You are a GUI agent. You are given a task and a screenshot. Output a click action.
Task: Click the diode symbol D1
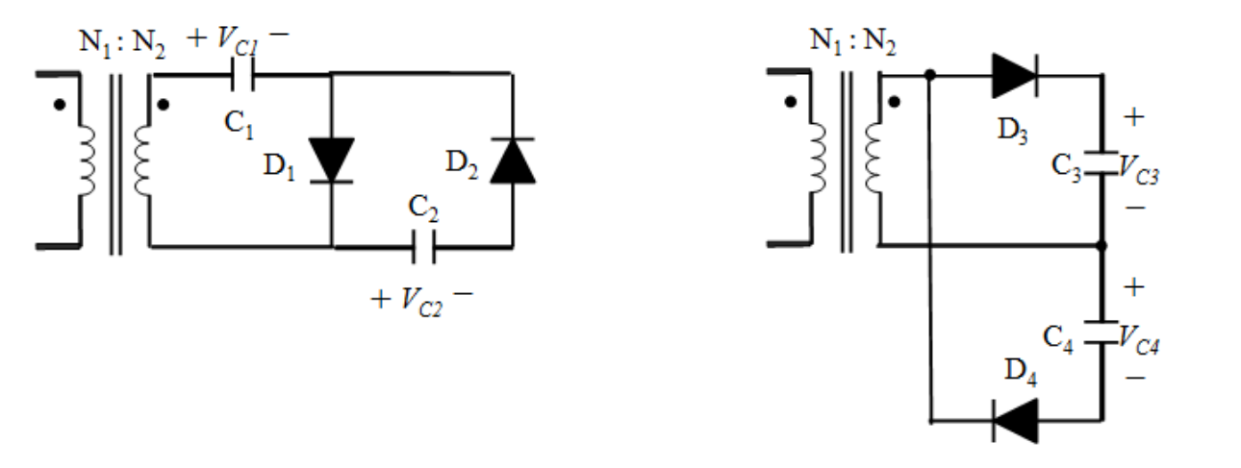tap(331, 160)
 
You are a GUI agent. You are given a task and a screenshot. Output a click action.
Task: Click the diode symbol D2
tap(513, 160)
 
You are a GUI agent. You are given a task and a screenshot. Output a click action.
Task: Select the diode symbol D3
tap(1015, 76)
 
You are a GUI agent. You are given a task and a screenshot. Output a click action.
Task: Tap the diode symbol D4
tap(1015, 421)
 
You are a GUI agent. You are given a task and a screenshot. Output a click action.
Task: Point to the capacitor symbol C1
tap(242, 74)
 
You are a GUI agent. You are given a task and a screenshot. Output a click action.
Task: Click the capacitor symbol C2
tap(424, 247)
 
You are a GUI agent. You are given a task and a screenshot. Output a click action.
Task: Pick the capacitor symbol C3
tap(1102, 162)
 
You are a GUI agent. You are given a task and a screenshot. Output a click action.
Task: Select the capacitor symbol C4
tap(1102, 333)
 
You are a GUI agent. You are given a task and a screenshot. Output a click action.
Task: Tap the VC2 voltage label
tap(421, 302)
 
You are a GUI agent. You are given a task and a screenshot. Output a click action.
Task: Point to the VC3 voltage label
tap(1139, 169)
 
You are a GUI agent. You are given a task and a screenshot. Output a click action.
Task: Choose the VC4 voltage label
tap(1139, 339)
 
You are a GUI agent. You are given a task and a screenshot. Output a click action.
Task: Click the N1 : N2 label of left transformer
tap(122, 43)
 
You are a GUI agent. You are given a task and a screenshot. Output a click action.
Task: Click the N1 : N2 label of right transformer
tap(853, 41)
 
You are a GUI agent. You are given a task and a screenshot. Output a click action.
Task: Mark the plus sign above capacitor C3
tap(1133, 117)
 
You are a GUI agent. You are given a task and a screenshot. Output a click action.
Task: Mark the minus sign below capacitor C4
tap(1135, 378)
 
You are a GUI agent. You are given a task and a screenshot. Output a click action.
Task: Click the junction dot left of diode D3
tap(930, 75)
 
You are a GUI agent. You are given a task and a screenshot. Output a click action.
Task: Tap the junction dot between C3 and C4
tap(1102, 245)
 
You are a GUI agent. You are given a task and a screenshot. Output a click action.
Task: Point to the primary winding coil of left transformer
tap(86, 160)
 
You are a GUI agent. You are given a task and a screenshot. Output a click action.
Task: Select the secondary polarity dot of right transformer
tap(894, 102)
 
